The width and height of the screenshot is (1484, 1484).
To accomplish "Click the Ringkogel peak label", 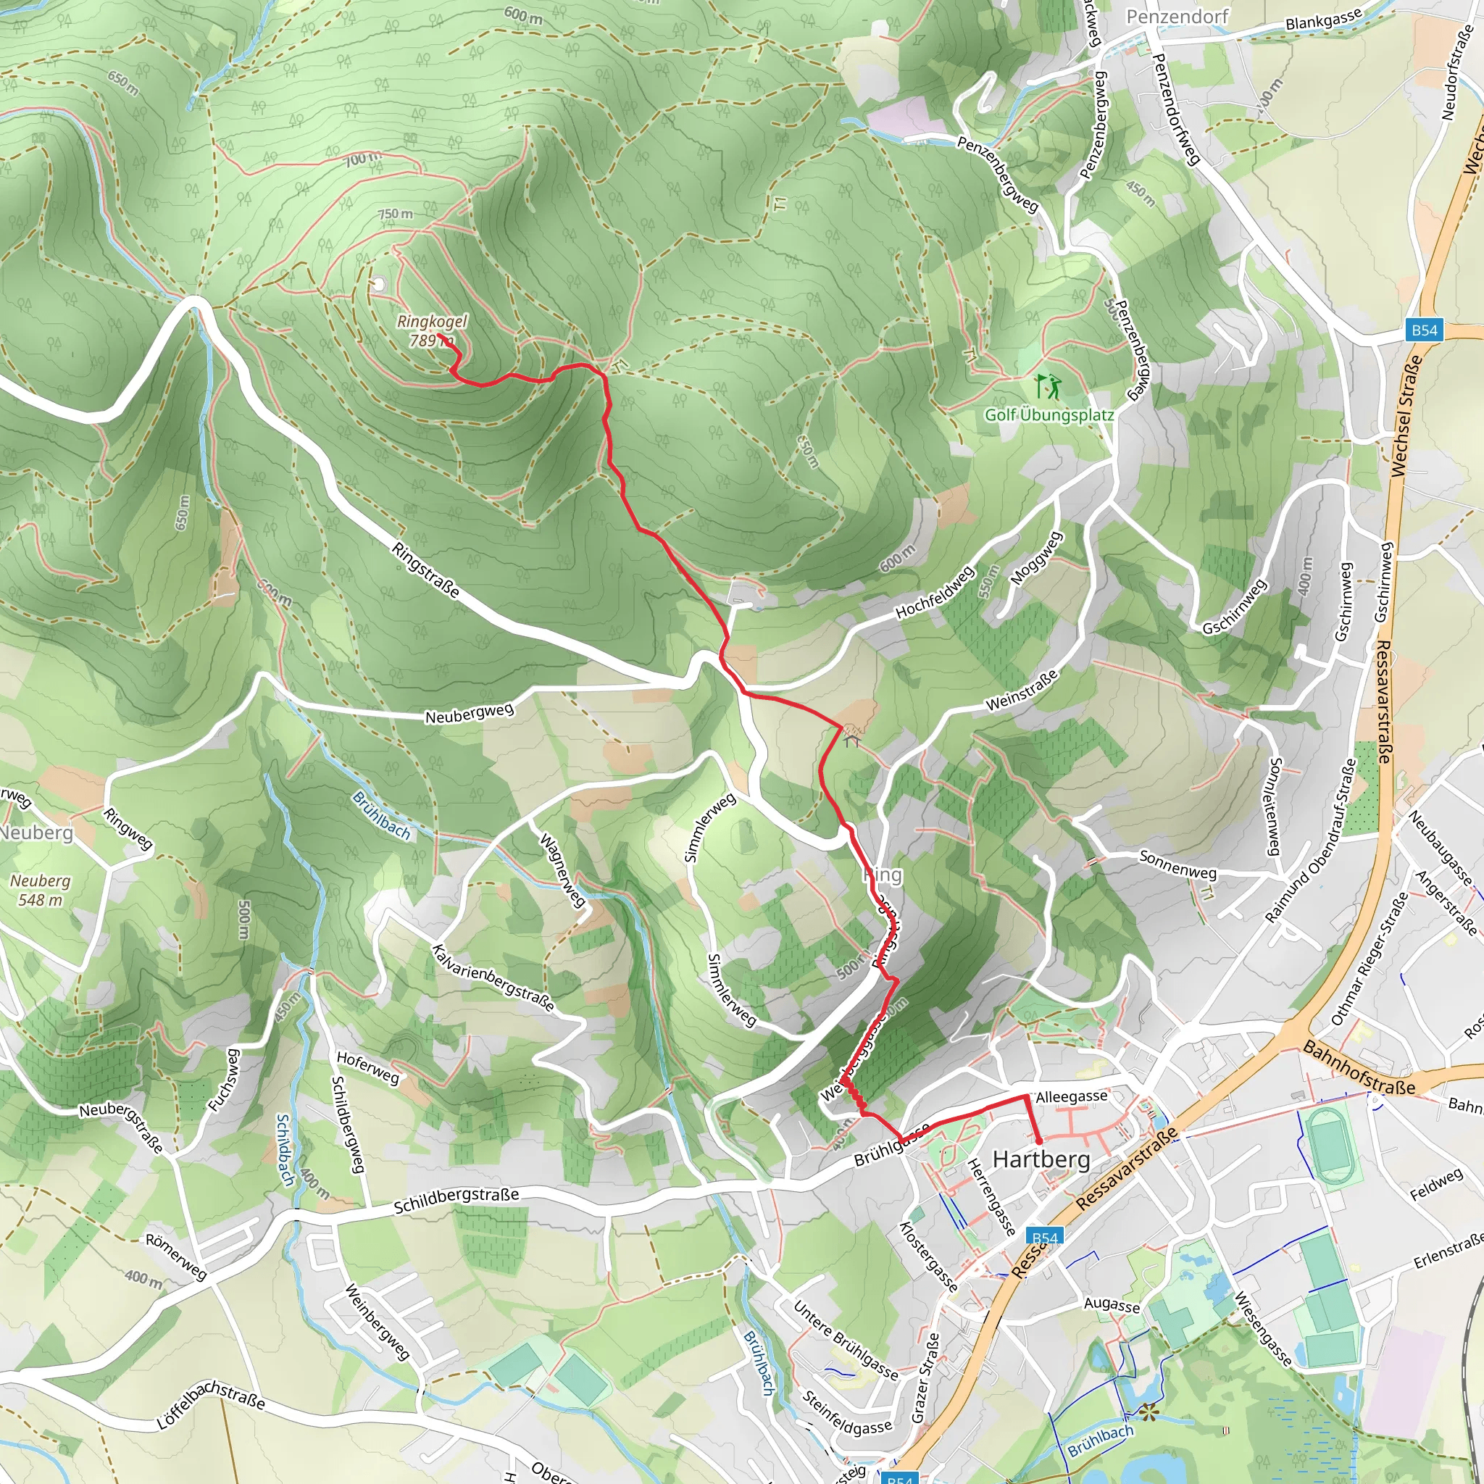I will tap(432, 330).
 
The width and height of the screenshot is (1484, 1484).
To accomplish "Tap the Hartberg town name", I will tap(1041, 1159).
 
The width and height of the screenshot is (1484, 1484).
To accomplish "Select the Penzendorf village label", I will tap(1177, 16).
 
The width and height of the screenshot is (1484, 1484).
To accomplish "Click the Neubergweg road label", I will tap(469, 713).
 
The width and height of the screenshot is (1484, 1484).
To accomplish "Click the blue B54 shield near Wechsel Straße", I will tap(1424, 330).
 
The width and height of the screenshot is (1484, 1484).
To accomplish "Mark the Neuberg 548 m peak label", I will tap(40, 891).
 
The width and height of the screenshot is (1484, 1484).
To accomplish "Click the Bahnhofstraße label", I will tap(1359, 1067).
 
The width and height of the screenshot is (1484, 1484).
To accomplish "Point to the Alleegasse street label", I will tap(1072, 1097).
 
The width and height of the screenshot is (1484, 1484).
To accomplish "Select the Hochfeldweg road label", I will tap(935, 592).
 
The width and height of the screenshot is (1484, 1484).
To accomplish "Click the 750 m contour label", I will tap(395, 214).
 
